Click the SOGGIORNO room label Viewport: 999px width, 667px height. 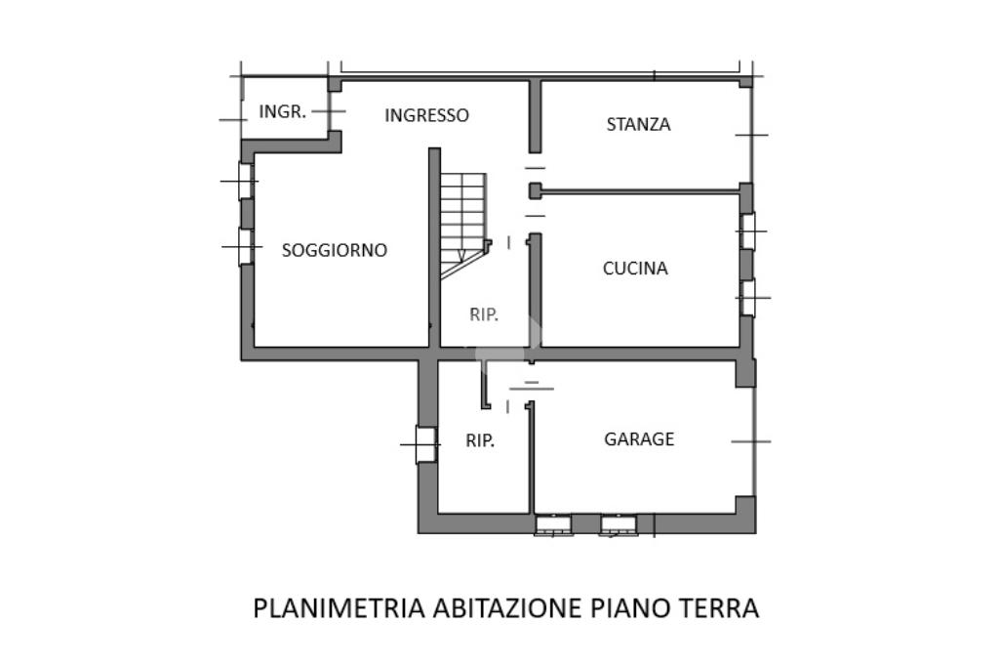coord(335,250)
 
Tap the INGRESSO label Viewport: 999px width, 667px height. coord(426,115)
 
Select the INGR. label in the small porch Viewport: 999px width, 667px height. coord(282,111)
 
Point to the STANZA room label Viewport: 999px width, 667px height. coord(638,124)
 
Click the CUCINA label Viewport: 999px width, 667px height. coord(635,269)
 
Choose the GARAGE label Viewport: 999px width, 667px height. coord(639,439)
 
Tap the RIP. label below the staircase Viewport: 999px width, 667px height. coord(484,314)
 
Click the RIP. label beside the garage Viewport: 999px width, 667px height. coord(480,440)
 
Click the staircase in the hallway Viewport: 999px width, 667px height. coord(462,221)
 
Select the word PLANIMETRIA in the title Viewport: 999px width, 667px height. coord(339,607)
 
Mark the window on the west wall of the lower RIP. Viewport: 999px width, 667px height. coord(425,445)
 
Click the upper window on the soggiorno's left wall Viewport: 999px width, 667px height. coord(246,182)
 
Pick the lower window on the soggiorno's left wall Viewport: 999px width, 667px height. coord(246,247)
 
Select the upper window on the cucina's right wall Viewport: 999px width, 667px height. coord(747,231)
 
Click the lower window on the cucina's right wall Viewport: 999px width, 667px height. coord(747,298)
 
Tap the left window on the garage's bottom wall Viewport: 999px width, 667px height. coord(553,525)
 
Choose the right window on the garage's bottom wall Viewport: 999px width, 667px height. coord(619,525)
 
